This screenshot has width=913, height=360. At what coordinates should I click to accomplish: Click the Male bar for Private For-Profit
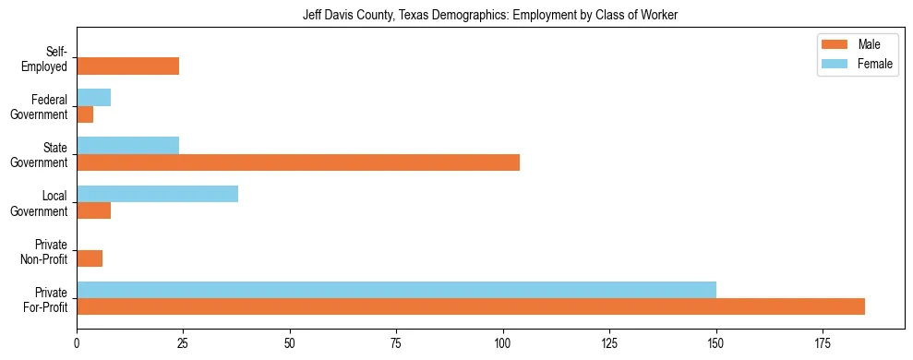(x=471, y=306)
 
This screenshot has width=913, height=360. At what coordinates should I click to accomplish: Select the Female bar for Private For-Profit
(x=396, y=290)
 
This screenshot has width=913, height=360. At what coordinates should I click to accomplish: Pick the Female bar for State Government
(x=127, y=146)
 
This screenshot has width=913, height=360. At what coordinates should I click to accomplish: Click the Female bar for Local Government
(x=157, y=194)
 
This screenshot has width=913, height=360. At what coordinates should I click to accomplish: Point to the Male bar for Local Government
(x=93, y=210)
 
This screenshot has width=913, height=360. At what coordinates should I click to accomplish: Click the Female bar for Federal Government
(x=93, y=98)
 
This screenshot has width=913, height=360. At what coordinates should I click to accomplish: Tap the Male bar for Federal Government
(x=85, y=114)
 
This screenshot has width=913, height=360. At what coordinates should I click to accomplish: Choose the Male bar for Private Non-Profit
(x=90, y=258)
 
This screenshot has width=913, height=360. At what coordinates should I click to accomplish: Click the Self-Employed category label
(x=50, y=58)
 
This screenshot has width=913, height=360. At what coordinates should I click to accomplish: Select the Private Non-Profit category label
(x=48, y=251)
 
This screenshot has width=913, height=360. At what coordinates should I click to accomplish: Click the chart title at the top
(x=490, y=15)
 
